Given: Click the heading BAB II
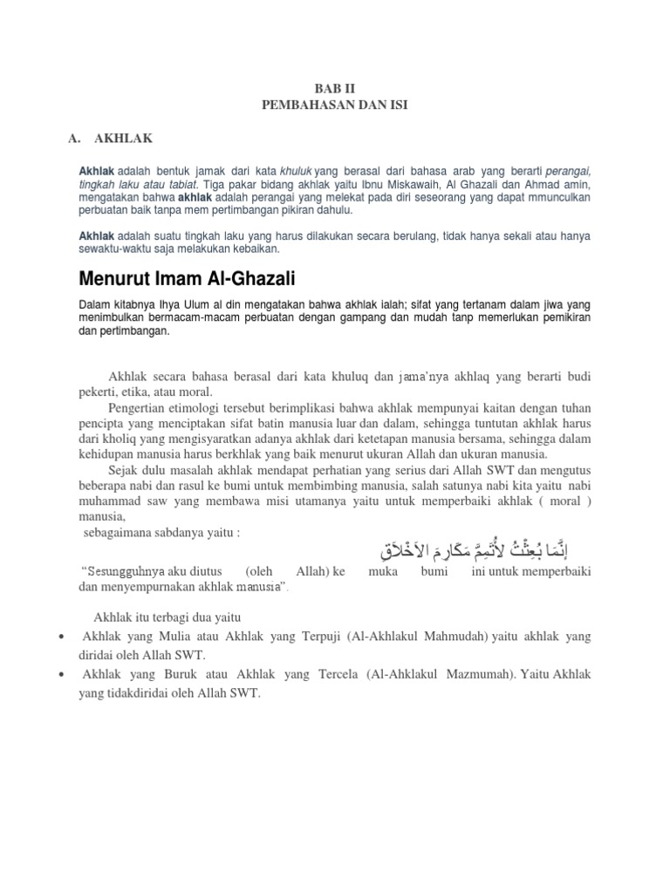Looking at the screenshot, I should (x=335, y=89).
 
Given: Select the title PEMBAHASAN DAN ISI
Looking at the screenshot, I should (x=335, y=105).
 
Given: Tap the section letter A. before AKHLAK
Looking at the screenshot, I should (x=74, y=138).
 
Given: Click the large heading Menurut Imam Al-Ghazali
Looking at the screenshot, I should (x=188, y=279).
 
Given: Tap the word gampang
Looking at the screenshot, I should (x=402, y=317).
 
